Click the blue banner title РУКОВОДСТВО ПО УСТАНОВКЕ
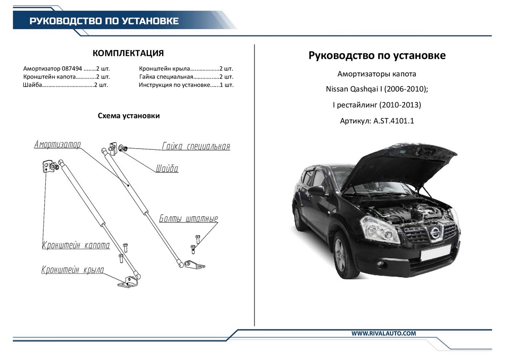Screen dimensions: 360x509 [x=104, y=21]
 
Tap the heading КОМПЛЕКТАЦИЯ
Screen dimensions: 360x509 [x=128, y=53]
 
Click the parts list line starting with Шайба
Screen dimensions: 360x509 [x=65, y=85]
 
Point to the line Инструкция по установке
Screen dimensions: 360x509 [x=186, y=85]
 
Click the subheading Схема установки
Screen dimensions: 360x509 [x=129, y=116]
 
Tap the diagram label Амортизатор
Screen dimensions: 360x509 [x=58, y=145]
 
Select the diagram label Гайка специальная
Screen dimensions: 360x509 [x=196, y=146]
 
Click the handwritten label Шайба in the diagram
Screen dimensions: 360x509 [x=167, y=169]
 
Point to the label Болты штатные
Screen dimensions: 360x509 [x=189, y=219]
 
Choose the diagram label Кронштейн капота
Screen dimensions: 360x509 [x=76, y=245]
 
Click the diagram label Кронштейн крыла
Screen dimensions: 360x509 [x=73, y=270]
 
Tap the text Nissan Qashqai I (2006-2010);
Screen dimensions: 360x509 [x=377, y=90]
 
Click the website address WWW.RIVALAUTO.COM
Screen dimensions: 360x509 [x=383, y=334]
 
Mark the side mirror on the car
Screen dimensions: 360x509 [x=316, y=191]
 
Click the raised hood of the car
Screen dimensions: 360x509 [x=403, y=163]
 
